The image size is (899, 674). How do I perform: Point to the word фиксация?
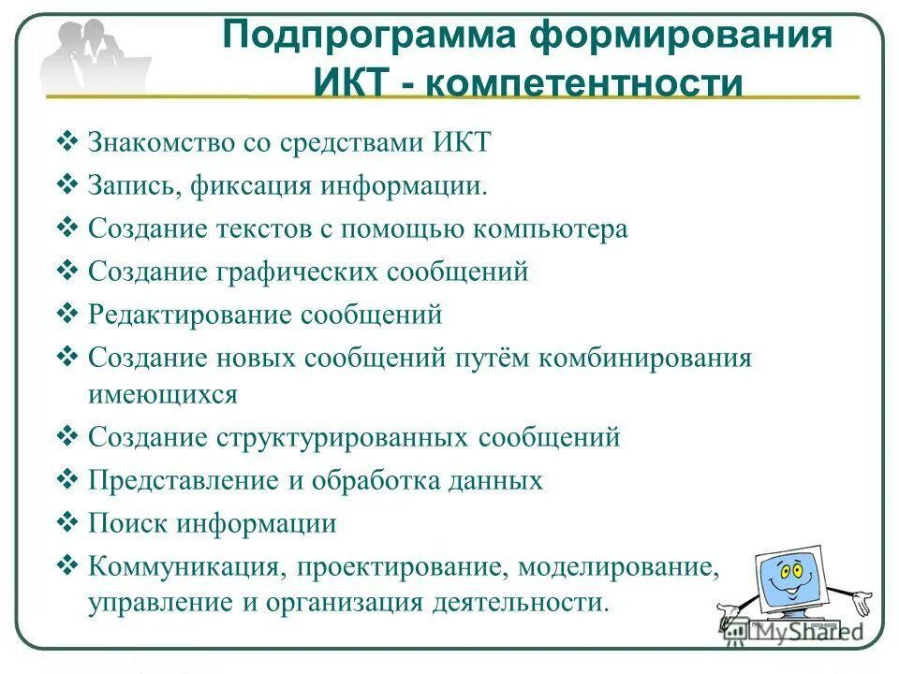point(252,184)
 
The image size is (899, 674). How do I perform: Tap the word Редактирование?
point(190,315)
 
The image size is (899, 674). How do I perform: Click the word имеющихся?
point(163,394)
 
